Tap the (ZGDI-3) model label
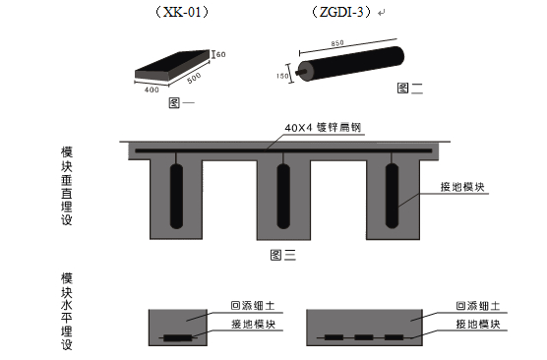[x=337, y=13]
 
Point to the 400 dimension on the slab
[x=151, y=90]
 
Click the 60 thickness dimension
[x=221, y=53]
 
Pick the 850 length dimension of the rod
[x=339, y=43]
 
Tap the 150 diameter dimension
[x=285, y=76]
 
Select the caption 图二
[x=408, y=88]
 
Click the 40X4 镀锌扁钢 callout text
[x=324, y=129]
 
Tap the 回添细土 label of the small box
[x=252, y=306]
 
